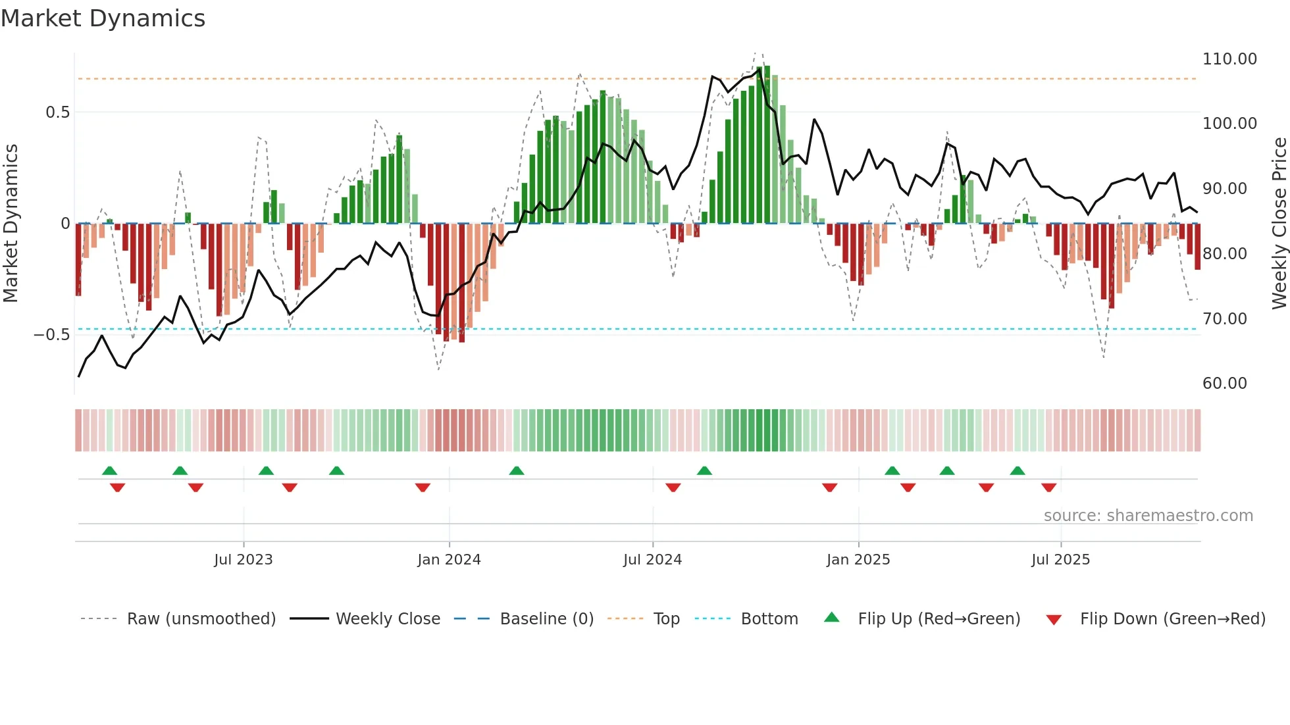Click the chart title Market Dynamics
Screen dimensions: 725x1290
pyautogui.click(x=103, y=18)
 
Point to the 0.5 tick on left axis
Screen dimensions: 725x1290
pyautogui.click(x=57, y=113)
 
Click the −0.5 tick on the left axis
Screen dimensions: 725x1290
pyautogui.click(x=51, y=335)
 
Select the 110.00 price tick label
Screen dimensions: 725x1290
pyautogui.click(x=1229, y=59)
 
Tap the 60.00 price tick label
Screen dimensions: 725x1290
pyautogui.click(x=1224, y=384)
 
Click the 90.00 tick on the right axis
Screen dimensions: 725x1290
pyautogui.click(x=1224, y=189)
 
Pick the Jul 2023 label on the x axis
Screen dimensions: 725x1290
pyautogui.click(x=243, y=560)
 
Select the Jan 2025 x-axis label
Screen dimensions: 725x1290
pyautogui.click(x=858, y=560)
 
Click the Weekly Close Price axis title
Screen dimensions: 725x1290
pyautogui.click(x=1279, y=223)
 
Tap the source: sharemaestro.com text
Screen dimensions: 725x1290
pyautogui.click(x=1148, y=516)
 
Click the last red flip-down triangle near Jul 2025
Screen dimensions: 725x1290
pyautogui.click(x=1048, y=488)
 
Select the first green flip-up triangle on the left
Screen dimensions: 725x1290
pyautogui.click(x=110, y=470)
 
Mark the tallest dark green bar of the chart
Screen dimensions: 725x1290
pyautogui.click(x=767, y=145)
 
